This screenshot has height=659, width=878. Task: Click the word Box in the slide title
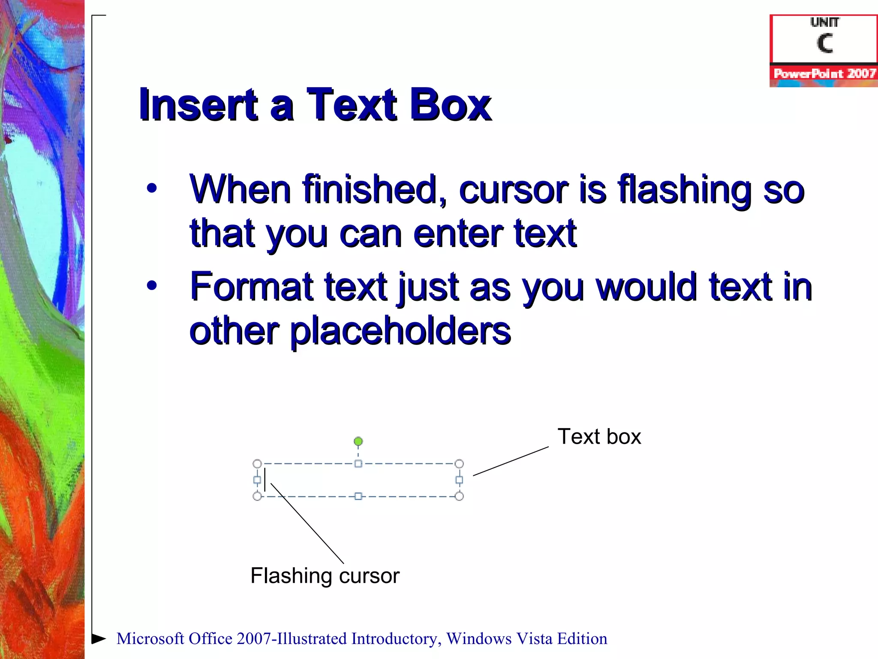click(x=450, y=105)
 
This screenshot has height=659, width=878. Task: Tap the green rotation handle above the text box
click(x=358, y=441)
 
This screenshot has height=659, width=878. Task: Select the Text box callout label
click(x=599, y=437)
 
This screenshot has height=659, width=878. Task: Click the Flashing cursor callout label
click(x=325, y=576)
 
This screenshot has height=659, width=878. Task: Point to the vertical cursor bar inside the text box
click(x=265, y=480)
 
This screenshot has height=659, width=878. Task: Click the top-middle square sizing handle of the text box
click(x=358, y=464)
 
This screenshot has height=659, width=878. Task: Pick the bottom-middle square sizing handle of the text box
click(x=358, y=496)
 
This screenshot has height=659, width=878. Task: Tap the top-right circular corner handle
click(x=459, y=464)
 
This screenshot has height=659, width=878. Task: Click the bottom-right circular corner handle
click(x=459, y=496)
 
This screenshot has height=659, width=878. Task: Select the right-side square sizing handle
click(x=459, y=480)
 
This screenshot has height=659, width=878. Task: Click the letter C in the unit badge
click(x=824, y=43)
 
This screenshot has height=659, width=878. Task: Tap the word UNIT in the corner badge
click(x=824, y=22)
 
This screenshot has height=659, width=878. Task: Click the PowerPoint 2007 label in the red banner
click(x=824, y=74)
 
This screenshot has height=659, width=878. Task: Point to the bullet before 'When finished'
click(x=152, y=188)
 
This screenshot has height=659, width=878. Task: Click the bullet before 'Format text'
click(x=152, y=285)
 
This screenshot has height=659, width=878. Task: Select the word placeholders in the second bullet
click(x=400, y=331)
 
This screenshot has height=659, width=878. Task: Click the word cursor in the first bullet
click(x=513, y=189)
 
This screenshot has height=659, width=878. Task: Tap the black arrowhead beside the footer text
click(x=99, y=638)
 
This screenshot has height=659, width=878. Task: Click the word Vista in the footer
click(x=534, y=639)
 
